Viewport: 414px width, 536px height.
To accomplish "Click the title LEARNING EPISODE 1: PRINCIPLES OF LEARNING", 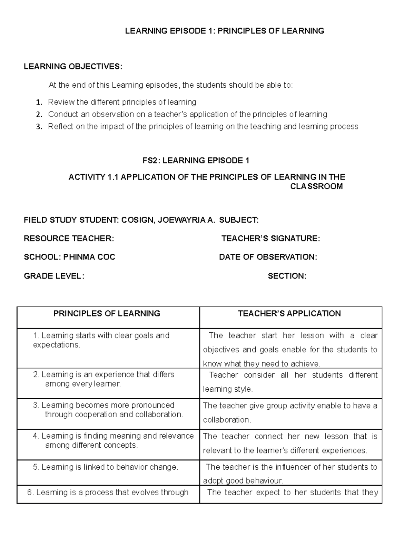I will click(224, 31).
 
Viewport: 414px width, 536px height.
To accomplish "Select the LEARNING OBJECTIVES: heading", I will click(73, 67).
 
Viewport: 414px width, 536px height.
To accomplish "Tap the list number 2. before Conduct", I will click(39, 114).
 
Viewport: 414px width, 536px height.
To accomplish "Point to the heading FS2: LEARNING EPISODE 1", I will click(196, 160).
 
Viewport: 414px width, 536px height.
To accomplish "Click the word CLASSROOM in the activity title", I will click(316, 187).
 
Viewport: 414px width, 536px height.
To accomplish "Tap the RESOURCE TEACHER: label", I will click(69, 238).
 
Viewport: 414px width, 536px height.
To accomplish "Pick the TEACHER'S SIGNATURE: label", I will click(270, 238).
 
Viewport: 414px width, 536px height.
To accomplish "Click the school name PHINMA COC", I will click(89, 257).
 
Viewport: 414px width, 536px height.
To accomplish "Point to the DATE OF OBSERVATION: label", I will click(268, 257).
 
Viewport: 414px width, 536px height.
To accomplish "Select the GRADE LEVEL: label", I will click(53, 276).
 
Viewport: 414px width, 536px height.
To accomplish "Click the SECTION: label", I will click(287, 276).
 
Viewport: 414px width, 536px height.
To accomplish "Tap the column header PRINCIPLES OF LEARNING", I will click(107, 313).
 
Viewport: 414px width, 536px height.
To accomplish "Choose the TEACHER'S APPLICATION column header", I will click(289, 313).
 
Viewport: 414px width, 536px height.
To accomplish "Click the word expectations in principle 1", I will click(56, 345).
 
